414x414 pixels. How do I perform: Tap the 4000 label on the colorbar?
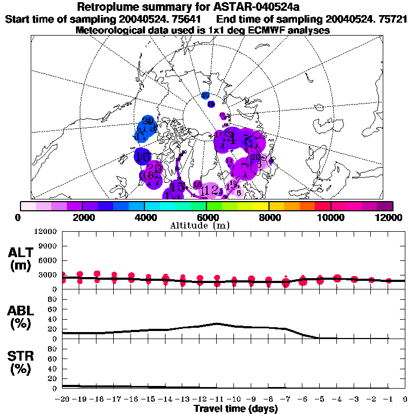click(x=144, y=217)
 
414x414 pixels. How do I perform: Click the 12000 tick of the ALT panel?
click(x=47, y=232)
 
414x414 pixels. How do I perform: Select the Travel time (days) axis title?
click(x=236, y=409)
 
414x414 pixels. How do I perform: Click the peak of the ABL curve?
click(x=216, y=323)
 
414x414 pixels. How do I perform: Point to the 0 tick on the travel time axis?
click(x=405, y=399)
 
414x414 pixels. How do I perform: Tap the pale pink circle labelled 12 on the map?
click(x=211, y=190)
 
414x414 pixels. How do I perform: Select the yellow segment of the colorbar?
click(x=261, y=206)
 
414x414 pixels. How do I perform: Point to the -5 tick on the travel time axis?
click(x=320, y=399)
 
